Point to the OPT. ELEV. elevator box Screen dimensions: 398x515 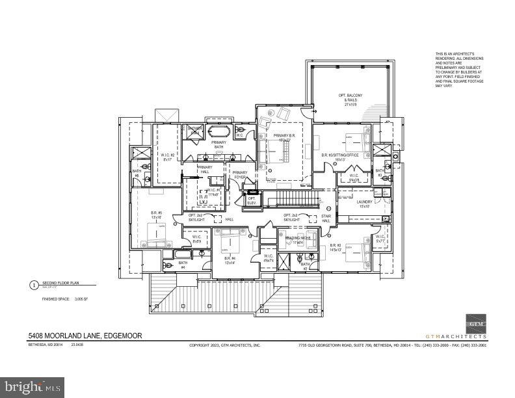pyautogui.click(x=252, y=200)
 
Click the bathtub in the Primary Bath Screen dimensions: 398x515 pyautogui.click(x=219, y=129)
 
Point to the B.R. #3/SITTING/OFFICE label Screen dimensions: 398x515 pyautogui.click(x=339, y=156)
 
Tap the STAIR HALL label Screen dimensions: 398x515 pyautogui.click(x=326, y=219)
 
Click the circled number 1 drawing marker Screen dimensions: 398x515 pyautogui.click(x=33, y=284)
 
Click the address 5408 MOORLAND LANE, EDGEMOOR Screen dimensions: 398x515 pyautogui.click(x=85, y=336)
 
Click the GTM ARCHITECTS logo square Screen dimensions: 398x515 pyautogui.click(x=477, y=323)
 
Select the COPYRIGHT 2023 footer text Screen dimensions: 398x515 pyautogui.click(x=224, y=345)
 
